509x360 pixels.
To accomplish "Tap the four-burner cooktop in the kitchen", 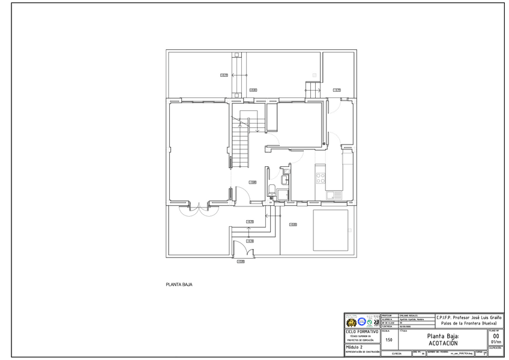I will tap(321, 178).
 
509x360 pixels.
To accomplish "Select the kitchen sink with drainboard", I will tap(334, 195).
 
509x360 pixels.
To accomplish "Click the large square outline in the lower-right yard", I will tap(330, 230).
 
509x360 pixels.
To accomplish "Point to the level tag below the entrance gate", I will tap(241, 262).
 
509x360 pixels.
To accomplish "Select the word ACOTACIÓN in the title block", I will tap(443, 343).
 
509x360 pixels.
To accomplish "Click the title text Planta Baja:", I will tap(443, 337).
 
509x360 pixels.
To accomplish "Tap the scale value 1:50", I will tap(389, 340).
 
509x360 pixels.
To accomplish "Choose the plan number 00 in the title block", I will tap(495, 336).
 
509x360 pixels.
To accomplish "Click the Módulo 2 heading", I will tap(354, 347).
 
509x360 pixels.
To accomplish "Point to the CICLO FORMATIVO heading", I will tap(362, 331).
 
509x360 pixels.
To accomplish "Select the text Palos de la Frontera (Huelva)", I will tap(469, 323).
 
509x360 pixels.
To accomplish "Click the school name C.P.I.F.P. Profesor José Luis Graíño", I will tap(469, 317).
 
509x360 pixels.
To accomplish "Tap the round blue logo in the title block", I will tap(361, 322).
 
